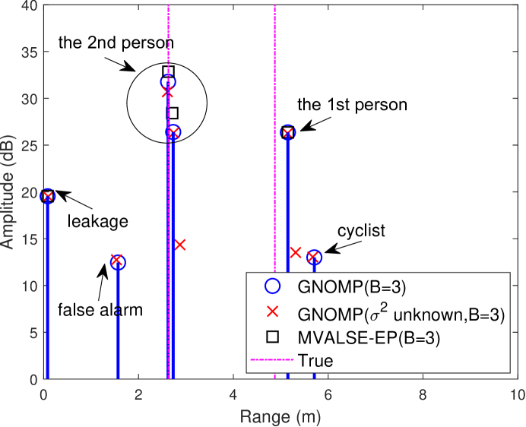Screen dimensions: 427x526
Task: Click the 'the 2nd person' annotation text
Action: tap(116, 42)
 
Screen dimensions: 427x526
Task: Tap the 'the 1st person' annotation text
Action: tap(352, 104)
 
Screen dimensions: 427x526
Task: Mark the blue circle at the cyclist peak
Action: tap(314, 257)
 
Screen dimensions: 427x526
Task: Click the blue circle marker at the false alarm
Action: tap(119, 262)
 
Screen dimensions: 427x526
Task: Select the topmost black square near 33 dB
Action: tap(168, 71)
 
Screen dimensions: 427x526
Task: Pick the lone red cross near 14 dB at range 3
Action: tap(179, 245)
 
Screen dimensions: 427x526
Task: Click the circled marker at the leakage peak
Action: tap(47, 196)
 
